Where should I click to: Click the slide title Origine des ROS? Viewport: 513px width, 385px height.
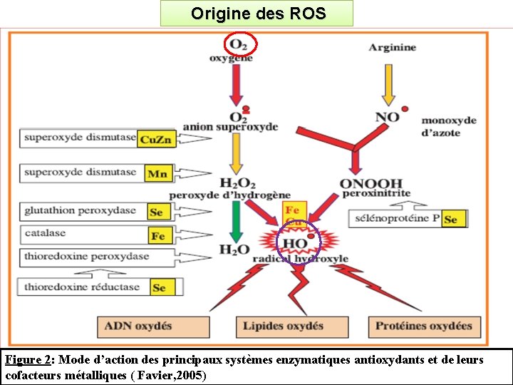click(x=256, y=13)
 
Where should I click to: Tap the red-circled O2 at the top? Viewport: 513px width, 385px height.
click(x=239, y=45)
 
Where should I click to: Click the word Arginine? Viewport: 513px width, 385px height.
click(x=393, y=48)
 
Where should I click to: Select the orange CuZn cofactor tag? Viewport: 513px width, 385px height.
click(x=155, y=139)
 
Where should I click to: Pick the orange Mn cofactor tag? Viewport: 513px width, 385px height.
click(x=156, y=173)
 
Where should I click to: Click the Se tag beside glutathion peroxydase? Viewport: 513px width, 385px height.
click(x=156, y=212)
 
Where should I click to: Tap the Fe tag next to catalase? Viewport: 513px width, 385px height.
click(x=157, y=235)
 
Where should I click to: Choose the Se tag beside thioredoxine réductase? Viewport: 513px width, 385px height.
click(x=159, y=287)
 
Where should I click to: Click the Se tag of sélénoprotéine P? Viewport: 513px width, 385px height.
click(x=450, y=220)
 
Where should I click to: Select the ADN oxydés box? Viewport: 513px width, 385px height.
click(x=153, y=327)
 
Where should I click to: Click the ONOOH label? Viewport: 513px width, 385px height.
click(x=370, y=184)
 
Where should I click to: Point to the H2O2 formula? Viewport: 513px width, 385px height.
click(x=238, y=184)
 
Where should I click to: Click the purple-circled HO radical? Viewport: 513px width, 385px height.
click(x=296, y=244)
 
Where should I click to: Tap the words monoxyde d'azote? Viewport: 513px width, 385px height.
click(x=449, y=125)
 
